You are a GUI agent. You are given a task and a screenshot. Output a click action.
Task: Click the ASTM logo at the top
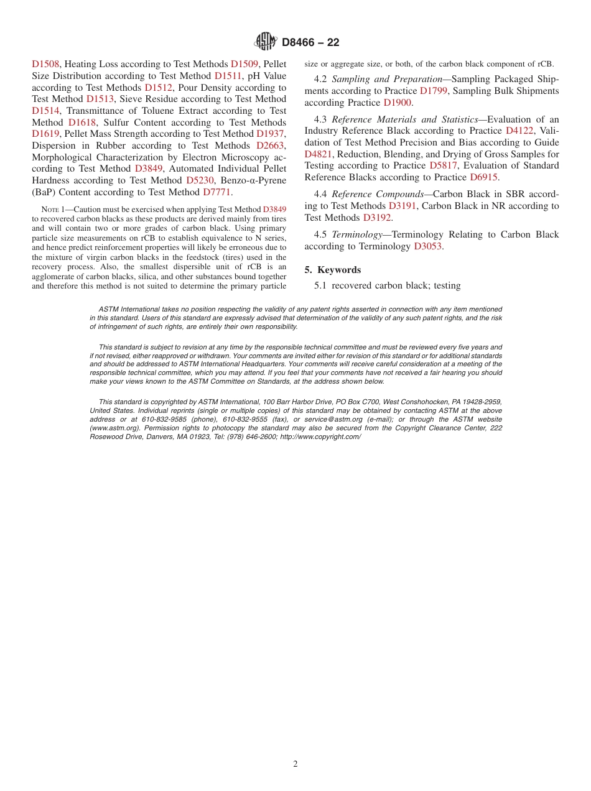tap(266, 42)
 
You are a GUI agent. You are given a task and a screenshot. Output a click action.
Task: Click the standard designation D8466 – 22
tap(310, 42)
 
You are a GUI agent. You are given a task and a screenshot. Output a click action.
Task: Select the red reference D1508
tap(45, 64)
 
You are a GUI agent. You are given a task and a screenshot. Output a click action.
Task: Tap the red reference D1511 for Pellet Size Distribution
tap(227, 76)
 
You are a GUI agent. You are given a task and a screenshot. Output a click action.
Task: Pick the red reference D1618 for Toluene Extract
tap(82, 123)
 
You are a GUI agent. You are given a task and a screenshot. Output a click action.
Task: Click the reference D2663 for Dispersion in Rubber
tap(270, 146)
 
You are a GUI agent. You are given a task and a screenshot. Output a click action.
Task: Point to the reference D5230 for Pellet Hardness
tap(200, 180)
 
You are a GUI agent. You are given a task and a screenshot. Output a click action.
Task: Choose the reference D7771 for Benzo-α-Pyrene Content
tap(216, 192)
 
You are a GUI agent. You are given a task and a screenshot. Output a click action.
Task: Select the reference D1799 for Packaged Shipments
tap(434, 91)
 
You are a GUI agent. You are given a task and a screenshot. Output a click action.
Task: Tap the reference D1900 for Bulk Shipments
tap(398, 103)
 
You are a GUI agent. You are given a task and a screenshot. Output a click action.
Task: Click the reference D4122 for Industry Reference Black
tap(519, 131)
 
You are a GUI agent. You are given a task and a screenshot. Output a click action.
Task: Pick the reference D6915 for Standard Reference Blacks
tap(483, 177)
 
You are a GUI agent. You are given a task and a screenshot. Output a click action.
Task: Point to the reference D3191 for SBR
tap(402, 206)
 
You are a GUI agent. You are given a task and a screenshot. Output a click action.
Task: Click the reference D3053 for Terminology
tap(427, 246)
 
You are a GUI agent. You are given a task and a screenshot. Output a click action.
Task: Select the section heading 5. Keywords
tap(333, 270)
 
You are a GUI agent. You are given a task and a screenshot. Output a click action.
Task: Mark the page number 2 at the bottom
tap(295, 764)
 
